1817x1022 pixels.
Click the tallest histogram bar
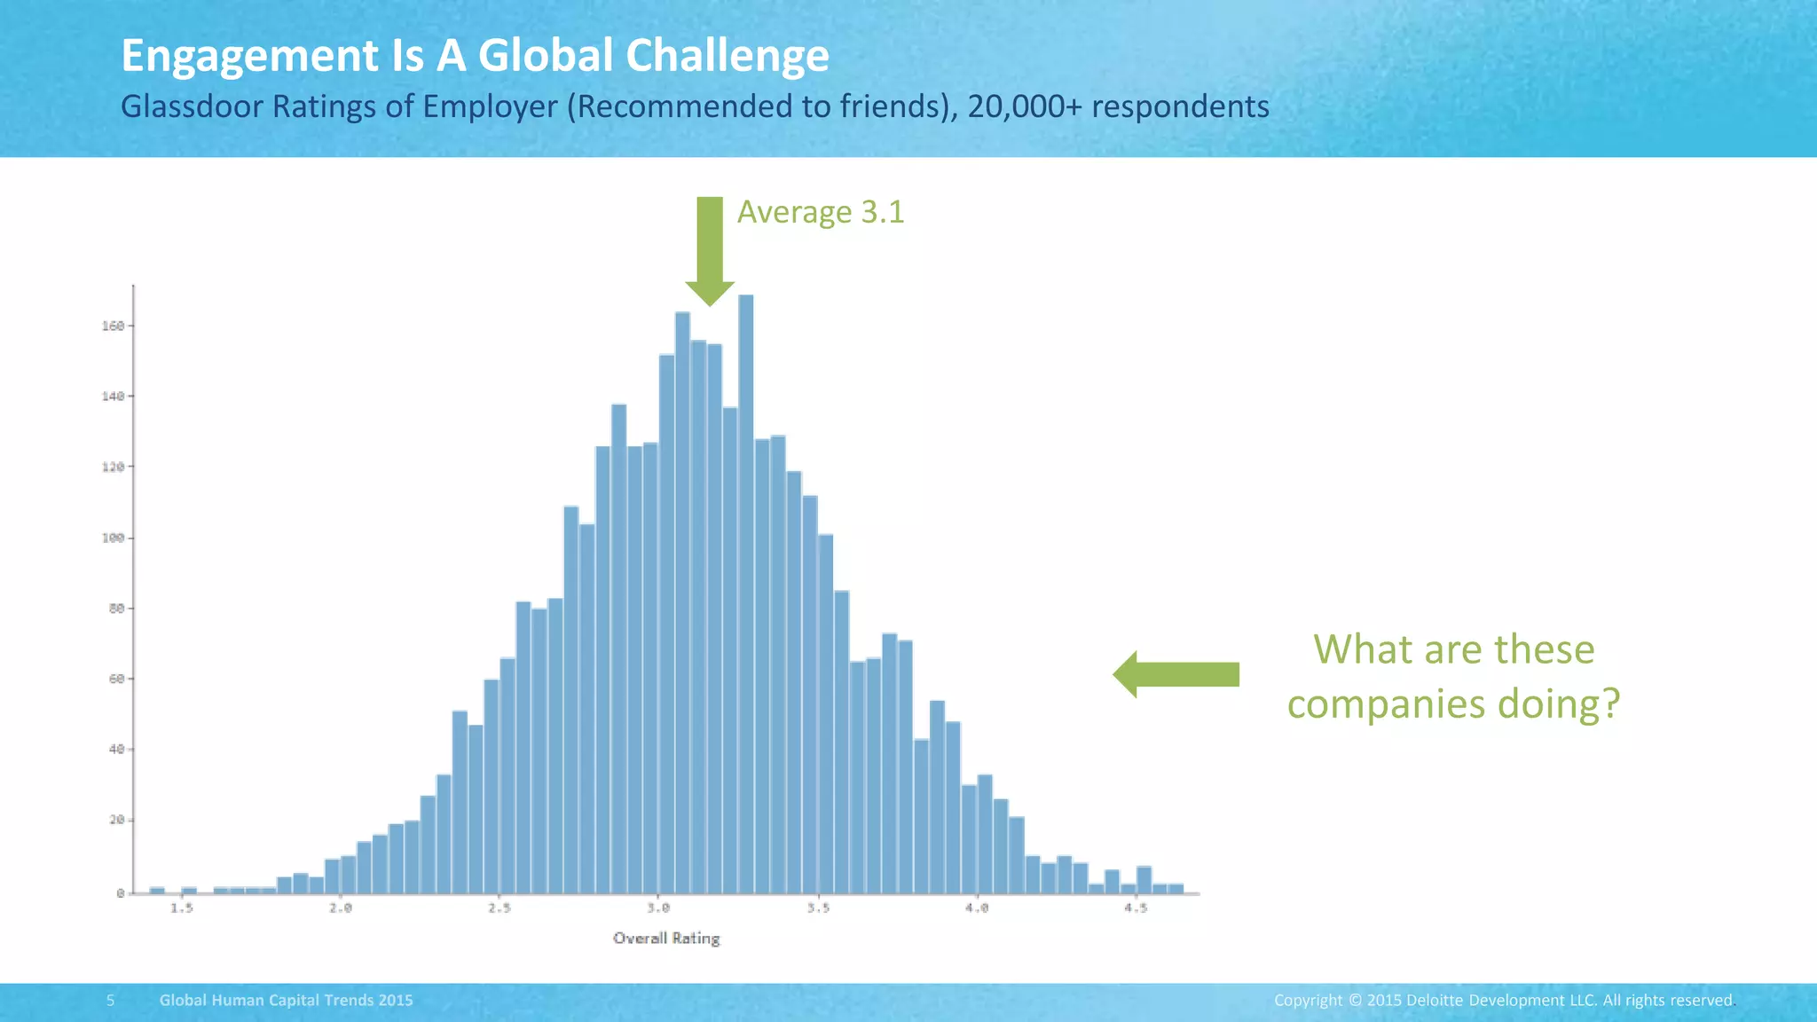pyautogui.click(x=746, y=594)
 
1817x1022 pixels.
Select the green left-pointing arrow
pyautogui.click(x=1176, y=675)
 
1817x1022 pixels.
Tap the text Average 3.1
pyautogui.click(x=821, y=212)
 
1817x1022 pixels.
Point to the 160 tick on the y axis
pyautogui.click(x=113, y=326)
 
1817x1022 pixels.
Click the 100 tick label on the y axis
pyautogui.click(x=113, y=539)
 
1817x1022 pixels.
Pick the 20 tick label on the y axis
pyautogui.click(x=116, y=821)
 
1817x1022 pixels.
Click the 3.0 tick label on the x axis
pyautogui.click(x=658, y=908)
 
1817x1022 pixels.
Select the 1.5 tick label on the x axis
pyautogui.click(x=182, y=908)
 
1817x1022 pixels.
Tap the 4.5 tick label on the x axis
pyautogui.click(x=1136, y=908)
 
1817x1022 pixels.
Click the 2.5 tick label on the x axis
pyautogui.click(x=499, y=908)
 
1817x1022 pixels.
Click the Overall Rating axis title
pyautogui.click(x=666, y=939)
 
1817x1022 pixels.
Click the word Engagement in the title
pyautogui.click(x=249, y=56)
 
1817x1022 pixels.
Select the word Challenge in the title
pyautogui.click(x=727, y=56)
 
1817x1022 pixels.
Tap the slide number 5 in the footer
pyautogui.click(x=111, y=1001)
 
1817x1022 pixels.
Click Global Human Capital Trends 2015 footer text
pyautogui.click(x=286, y=1001)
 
